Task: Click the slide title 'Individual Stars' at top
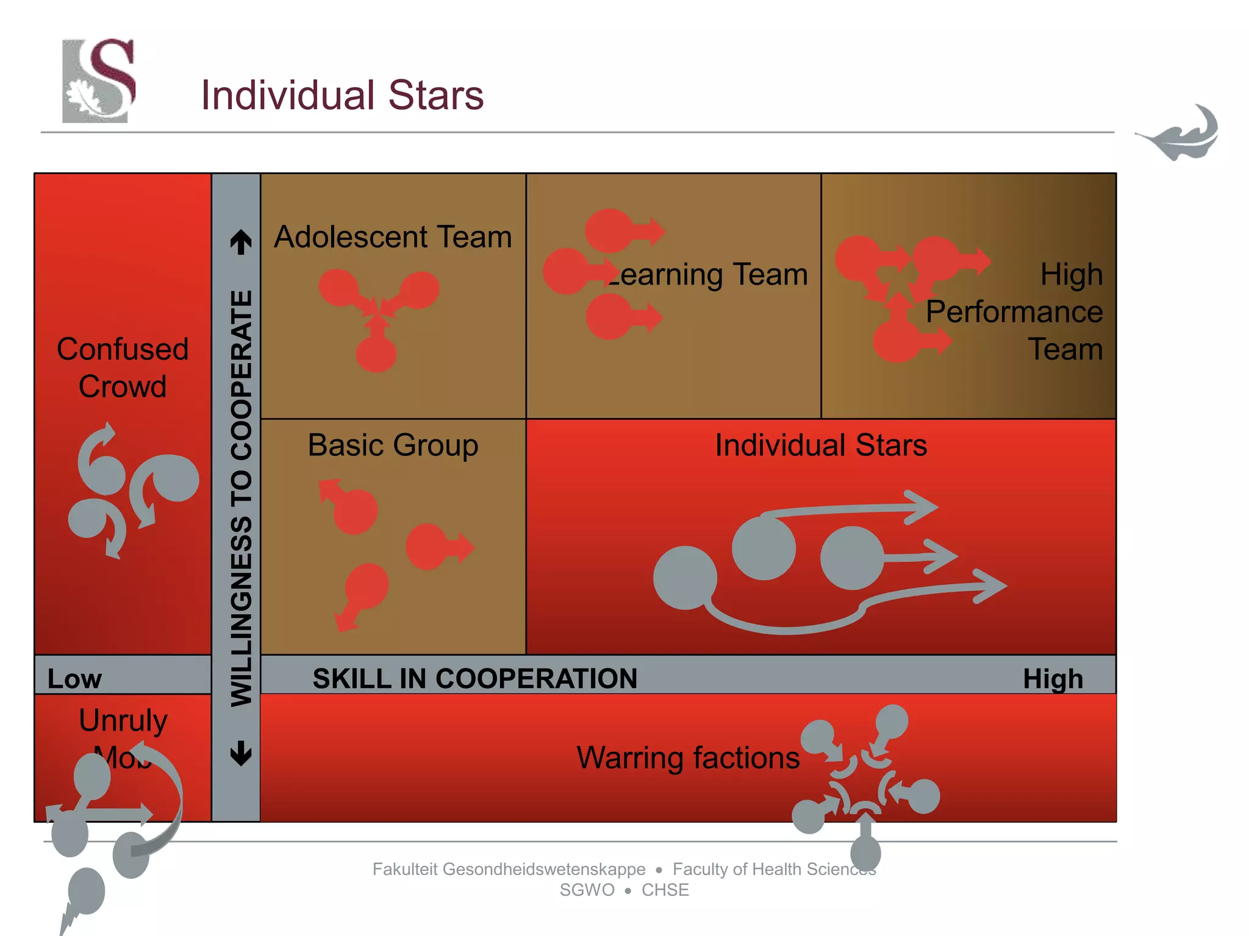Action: [x=342, y=95]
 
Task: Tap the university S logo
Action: [x=99, y=80]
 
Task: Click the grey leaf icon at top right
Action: [x=1179, y=134]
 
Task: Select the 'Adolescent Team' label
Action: [x=393, y=236]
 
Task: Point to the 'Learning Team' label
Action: [x=707, y=274]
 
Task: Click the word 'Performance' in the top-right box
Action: [x=1014, y=311]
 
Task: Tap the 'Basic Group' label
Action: [x=393, y=445]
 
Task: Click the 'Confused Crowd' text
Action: [x=123, y=367]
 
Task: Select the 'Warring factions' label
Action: [x=688, y=757]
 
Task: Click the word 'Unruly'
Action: [x=123, y=720]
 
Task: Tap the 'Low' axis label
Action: [x=74, y=679]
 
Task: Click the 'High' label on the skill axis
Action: [x=1053, y=679]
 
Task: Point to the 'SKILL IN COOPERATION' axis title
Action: [x=474, y=679]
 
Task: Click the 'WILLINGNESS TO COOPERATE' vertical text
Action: [x=242, y=498]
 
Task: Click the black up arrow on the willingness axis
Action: [x=242, y=242]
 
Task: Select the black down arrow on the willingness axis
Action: [x=242, y=753]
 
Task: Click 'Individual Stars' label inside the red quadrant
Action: [x=821, y=445]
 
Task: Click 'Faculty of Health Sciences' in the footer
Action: [x=773, y=869]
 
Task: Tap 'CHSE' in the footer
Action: [x=665, y=890]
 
